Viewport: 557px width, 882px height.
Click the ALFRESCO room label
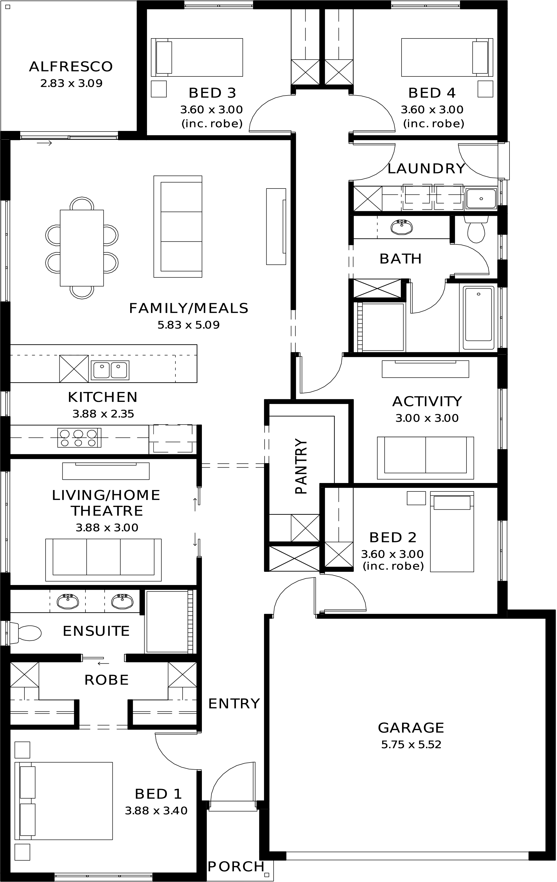point(71,67)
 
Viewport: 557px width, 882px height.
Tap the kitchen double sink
point(110,370)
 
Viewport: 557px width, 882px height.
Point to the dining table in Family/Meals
point(82,248)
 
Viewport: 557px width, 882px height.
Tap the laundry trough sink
point(481,199)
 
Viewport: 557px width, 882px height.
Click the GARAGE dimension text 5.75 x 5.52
point(411,752)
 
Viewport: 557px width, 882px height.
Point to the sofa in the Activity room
point(425,458)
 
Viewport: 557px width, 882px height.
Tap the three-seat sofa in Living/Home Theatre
point(103,560)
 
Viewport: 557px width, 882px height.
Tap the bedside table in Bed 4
point(485,89)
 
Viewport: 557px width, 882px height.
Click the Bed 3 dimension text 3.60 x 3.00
point(211,110)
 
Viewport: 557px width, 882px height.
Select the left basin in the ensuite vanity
point(68,601)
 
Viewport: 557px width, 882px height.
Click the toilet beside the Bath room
point(476,230)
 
